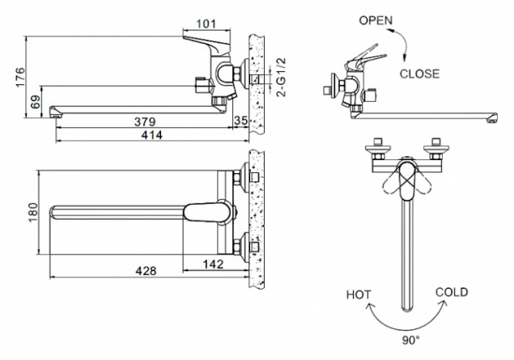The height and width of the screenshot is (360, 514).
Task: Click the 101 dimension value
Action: point(206,24)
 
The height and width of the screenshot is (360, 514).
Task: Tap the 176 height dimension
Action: point(20,78)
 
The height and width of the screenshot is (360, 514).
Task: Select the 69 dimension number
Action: point(36,102)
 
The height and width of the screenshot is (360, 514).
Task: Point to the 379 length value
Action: point(145,122)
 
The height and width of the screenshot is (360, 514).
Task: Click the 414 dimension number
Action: point(152,134)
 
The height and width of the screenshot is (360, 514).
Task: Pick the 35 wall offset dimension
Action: point(240,121)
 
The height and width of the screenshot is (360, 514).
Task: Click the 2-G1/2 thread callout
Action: point(281,78)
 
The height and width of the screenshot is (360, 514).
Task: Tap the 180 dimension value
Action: point(33,212)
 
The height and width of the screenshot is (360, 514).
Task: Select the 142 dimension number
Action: point(213,264)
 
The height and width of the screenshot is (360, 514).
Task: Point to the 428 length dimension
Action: point(147,271)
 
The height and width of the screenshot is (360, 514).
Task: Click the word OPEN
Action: point(376,20)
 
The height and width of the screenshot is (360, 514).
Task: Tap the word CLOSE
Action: point(419,74)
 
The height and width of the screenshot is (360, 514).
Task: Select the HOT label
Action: point(359,294)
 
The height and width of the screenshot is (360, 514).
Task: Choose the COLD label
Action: point(452,292)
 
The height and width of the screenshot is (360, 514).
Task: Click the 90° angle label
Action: point(410,341)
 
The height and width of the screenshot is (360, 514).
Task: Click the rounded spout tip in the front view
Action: point(407,307)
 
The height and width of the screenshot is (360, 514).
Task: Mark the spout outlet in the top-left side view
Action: point(55,112)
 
